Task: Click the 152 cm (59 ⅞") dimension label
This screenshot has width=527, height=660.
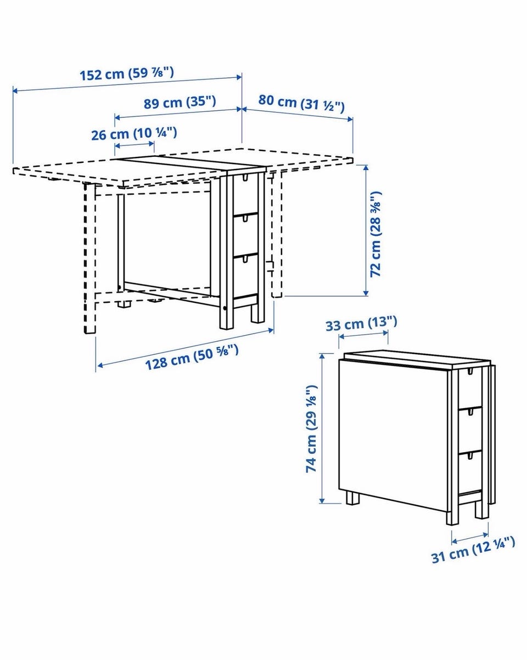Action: click(127, 74)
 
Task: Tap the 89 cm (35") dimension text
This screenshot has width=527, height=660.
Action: click(180, 102)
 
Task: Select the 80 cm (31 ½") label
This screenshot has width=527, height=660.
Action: click(301, 103)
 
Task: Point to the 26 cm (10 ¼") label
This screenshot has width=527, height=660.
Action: click(134, 134)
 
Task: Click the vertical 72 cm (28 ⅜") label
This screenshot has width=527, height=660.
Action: click(375, 234)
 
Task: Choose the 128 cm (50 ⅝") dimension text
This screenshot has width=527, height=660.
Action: click(192, 357)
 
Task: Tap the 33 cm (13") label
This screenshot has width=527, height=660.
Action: click(361, 324)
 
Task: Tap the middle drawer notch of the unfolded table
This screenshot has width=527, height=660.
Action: click(245, 218)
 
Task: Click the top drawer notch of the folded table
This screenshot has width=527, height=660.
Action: click(469, 371)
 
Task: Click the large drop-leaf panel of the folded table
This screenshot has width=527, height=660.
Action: click(393, 436)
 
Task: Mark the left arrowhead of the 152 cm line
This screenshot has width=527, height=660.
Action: click(15, 91)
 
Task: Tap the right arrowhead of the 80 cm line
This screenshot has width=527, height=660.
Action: click(350, 119)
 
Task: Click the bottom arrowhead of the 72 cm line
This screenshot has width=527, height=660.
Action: click(366, 294)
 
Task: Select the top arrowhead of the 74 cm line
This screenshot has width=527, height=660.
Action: click(322, 357)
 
